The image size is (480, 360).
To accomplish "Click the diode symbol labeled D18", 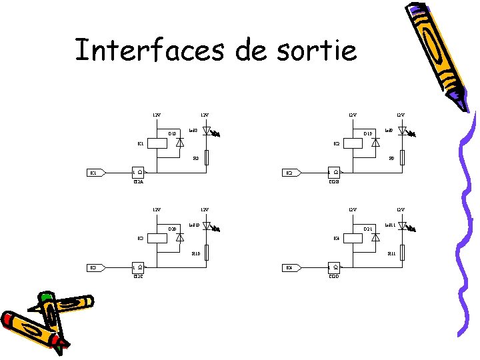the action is (x=179, y=142).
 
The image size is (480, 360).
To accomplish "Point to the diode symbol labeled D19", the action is (x=375, y=142).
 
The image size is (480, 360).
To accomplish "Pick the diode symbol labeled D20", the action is (x=179, y=237).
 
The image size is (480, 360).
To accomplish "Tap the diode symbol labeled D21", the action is (x=375, y=237).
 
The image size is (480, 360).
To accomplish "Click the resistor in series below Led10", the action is (x=207, y=253).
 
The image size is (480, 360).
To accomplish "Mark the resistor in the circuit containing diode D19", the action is (x=403, y=158).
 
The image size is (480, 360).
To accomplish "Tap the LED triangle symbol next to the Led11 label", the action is (x=403, y=226).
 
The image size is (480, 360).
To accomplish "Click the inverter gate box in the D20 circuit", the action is (x=138, y=268).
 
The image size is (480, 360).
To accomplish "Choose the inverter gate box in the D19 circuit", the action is (x=334, y=173).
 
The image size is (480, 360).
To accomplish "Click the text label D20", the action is (x=172, y=229).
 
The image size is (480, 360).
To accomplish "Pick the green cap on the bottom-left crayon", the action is (x=45, y=297).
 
